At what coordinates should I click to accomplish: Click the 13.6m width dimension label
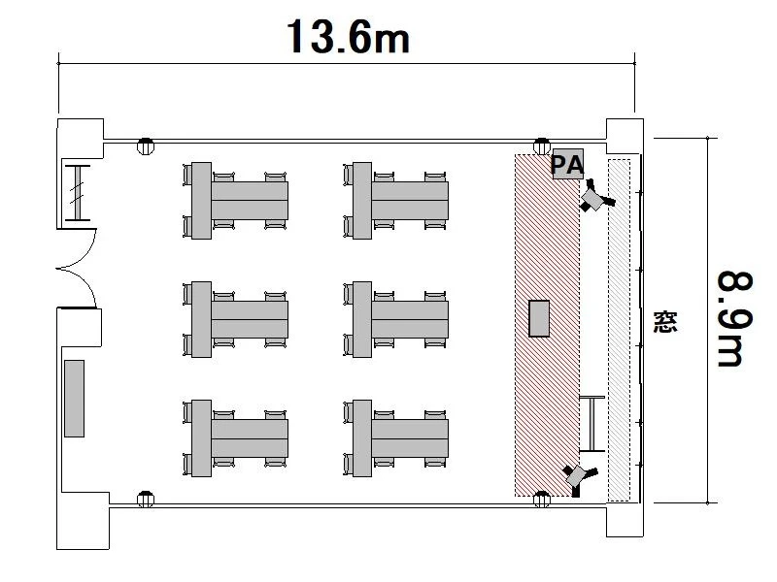pyautogui.click(x=349, y=37)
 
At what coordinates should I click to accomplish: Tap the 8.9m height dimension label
pyautogui.click(x=735, y=319)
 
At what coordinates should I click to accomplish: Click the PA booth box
pyautogui.click(x=568, y=164)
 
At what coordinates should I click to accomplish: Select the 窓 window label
pyautogui.click(x=665, y=322)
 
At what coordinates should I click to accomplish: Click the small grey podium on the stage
pyautogui.click(x=539, y=319)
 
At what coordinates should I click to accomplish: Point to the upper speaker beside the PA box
pyautogui.click(x=596, y=197)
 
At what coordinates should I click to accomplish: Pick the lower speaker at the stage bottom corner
pyautogui.click(x=579, y=478)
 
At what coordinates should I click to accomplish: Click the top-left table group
pyautogui.click(x=236, y=201)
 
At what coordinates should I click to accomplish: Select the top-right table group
pyautogui.click(x=396, y=201)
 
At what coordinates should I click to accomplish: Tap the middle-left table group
pyautogui.click(x=236, y=319)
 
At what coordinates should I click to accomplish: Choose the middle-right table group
pyautogui.click(x=396, y=319)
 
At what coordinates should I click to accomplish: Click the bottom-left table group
pyautogui.click(x=236, y=438)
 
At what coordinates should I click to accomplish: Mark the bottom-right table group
pyautogui.click(x=396, y=438)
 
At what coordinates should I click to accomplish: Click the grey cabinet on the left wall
pyautogui.click(x=75, y=399)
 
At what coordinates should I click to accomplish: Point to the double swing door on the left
pyautogui.click(x=76, y=269)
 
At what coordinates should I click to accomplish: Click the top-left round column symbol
pyautogui.click(x=145, y=146)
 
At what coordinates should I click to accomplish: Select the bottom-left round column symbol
pyautogui.click(x=145, y=499)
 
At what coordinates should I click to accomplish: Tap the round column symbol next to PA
pyautogui.click(x=542, y=146)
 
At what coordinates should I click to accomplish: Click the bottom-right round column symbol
pyautogui.click(x=542, y=499)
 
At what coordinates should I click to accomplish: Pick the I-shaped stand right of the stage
pyautogui.click(x=592, y=424)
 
